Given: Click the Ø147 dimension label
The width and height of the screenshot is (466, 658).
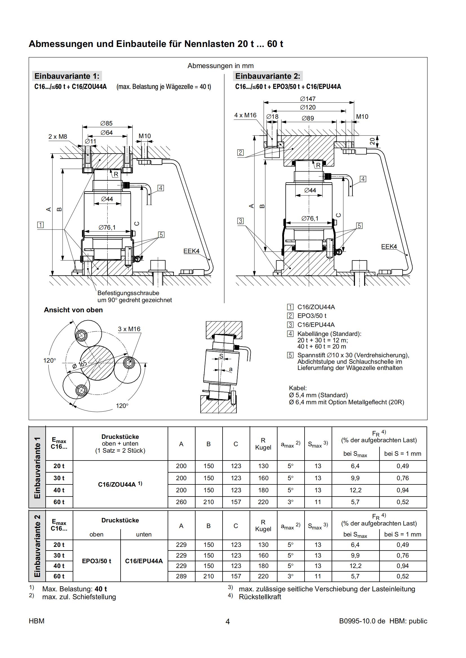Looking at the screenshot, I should coord(308,99).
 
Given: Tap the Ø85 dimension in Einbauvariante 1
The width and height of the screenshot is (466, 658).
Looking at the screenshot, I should coord(106,123).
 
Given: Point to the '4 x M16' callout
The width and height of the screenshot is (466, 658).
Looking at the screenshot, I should coord(245,115).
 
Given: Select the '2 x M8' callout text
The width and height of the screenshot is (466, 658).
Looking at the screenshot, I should coord(58,136).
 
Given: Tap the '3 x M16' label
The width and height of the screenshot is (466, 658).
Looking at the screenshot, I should coord(129,329).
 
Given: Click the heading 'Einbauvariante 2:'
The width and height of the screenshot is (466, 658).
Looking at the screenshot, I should coord(267,76).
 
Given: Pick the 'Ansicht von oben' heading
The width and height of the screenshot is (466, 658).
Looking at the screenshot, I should coord(73,310).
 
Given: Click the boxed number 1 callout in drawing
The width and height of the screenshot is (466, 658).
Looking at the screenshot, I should coord(41,225).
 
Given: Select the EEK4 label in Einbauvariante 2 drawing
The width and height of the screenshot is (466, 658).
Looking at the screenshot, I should coord(389,246).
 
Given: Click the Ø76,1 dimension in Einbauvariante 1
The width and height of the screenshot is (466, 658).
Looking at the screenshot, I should coord(107,227).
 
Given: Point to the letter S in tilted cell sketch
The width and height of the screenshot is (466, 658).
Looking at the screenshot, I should coord(221,356).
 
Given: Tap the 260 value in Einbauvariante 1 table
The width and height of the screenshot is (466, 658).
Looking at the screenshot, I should coord(181,502).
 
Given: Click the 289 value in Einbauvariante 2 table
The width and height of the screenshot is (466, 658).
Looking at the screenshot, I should coord(181,576).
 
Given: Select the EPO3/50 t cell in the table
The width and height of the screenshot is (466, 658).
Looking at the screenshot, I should coord(96,561).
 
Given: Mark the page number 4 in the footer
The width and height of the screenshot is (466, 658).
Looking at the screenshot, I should coord(228,622).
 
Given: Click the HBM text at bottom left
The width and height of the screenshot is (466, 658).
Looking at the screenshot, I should coord(36,621).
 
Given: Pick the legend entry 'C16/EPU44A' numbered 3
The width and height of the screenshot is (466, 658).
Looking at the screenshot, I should coord(316,325).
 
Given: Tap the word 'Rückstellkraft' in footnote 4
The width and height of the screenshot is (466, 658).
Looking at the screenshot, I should coord(260,597).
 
